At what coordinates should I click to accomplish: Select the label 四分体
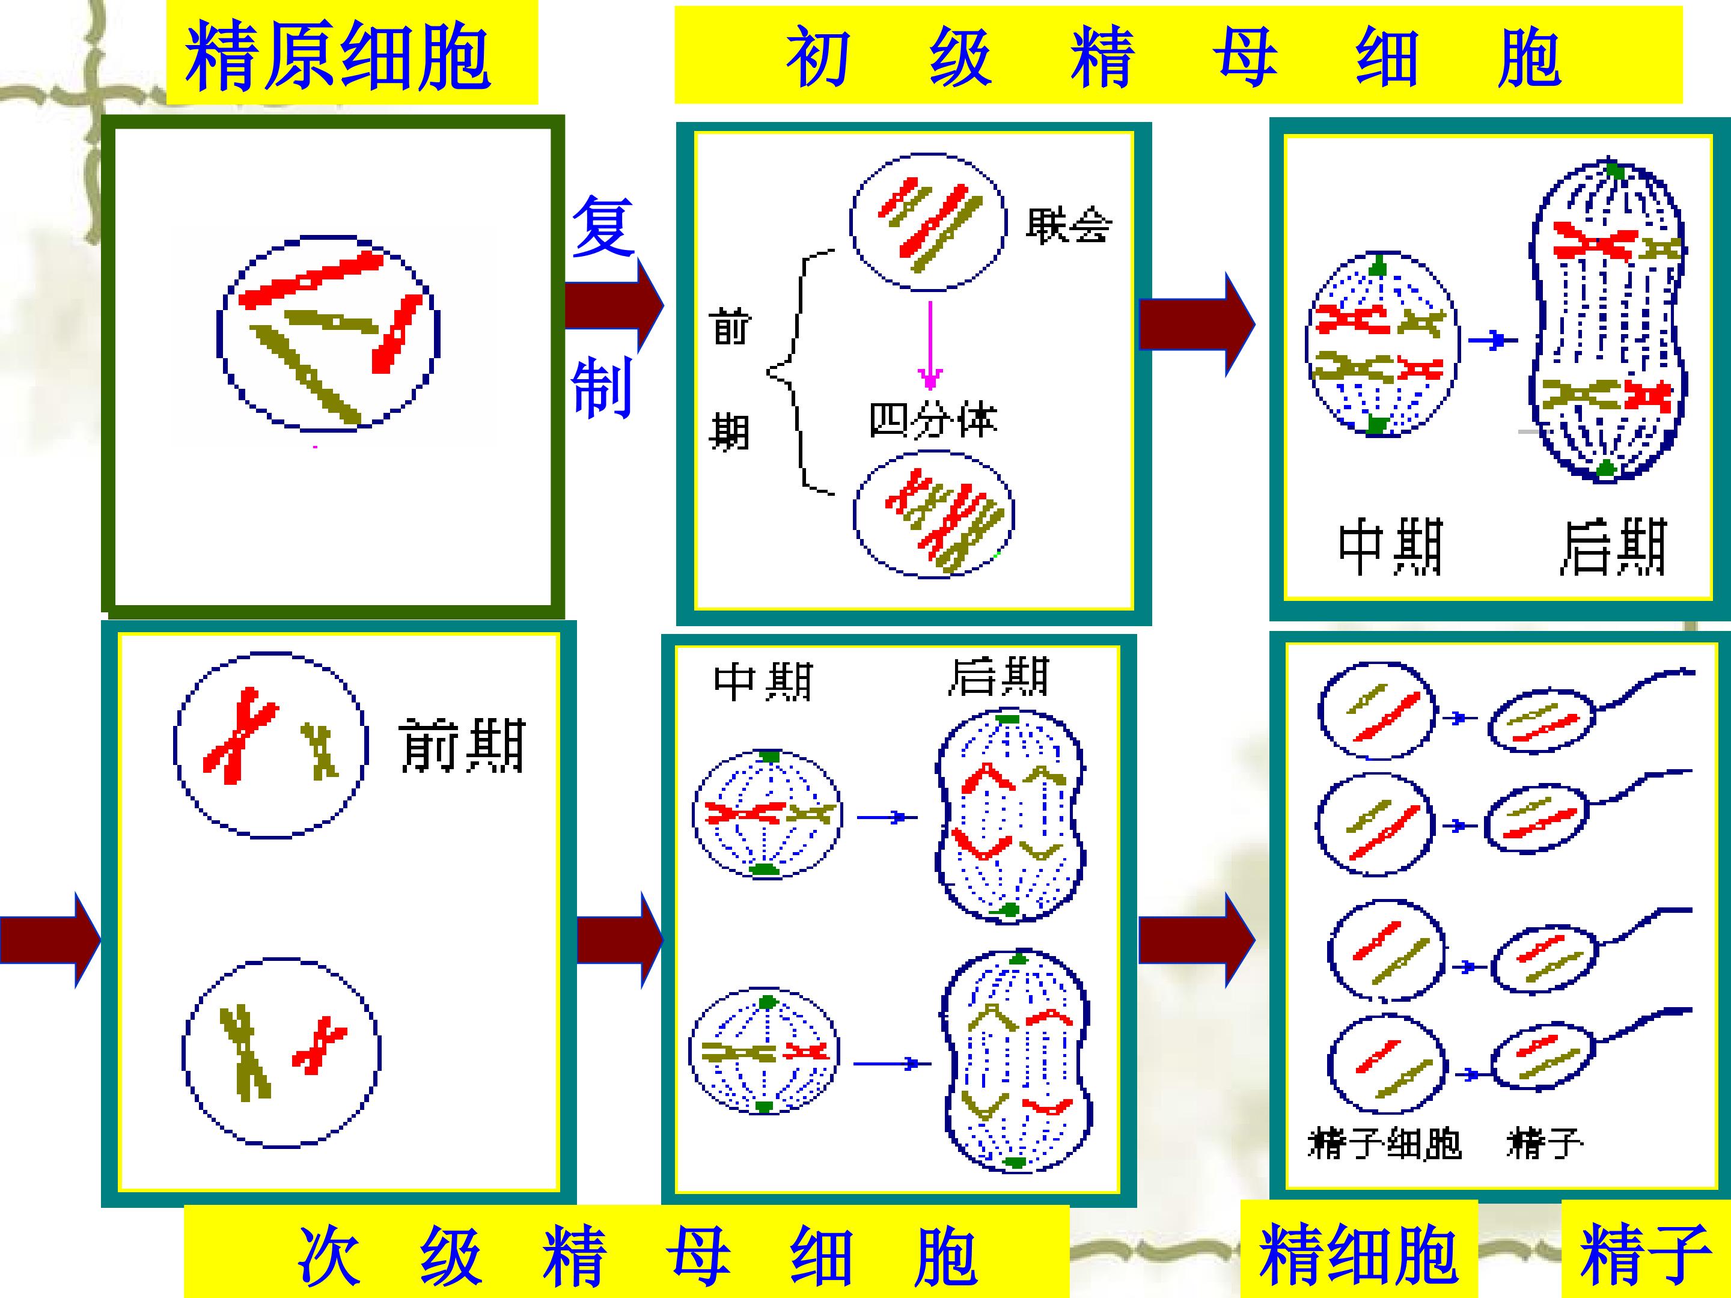(933, 420)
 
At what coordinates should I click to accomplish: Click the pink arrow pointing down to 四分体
(930, 346)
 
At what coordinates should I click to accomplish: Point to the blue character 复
(603, 227)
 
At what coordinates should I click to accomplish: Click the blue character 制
(601, 386)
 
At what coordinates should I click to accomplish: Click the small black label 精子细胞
(1384, 1144)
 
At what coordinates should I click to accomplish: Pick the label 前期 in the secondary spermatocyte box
(462, 746)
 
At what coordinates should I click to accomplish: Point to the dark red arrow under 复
(614, 305)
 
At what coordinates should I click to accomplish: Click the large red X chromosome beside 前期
(240, 736)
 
